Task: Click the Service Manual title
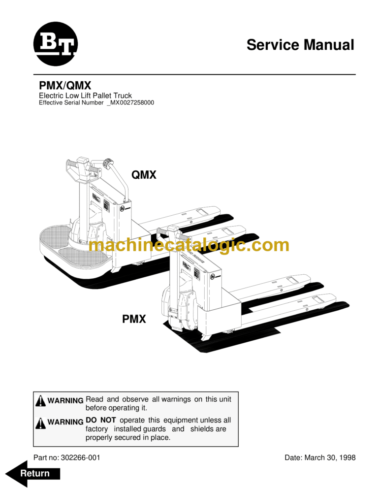[x=300, y=45]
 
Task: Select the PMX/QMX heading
[x=65, y=86]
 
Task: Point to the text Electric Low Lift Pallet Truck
[x=85, y=96]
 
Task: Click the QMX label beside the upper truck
[x=144, y=174]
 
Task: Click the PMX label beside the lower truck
[x=134, y=319]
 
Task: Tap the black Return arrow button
[x=34, y=473]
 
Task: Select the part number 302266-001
[x=80, y=457]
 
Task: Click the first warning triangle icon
[x=41, y=401]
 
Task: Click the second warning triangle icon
[x=41, y=423]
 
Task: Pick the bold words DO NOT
[x=100, y=420]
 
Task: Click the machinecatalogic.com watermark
[x=189, y=245]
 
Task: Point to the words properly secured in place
[x=128, y=437]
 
